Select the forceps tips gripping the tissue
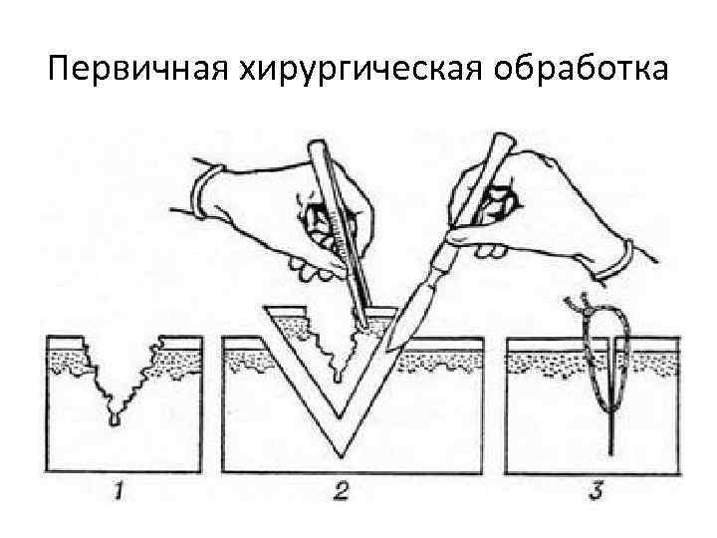366,324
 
